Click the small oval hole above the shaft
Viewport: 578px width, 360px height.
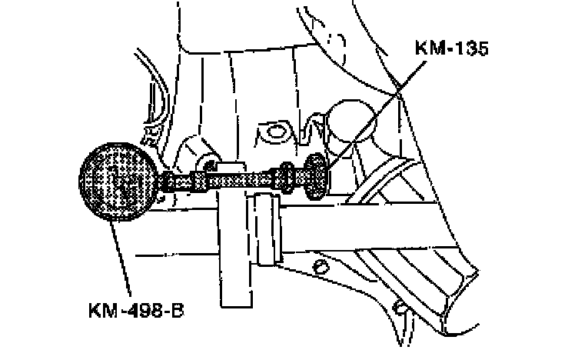click(x=271, y=132)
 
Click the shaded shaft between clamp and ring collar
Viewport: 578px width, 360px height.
click(x=257, y=181)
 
